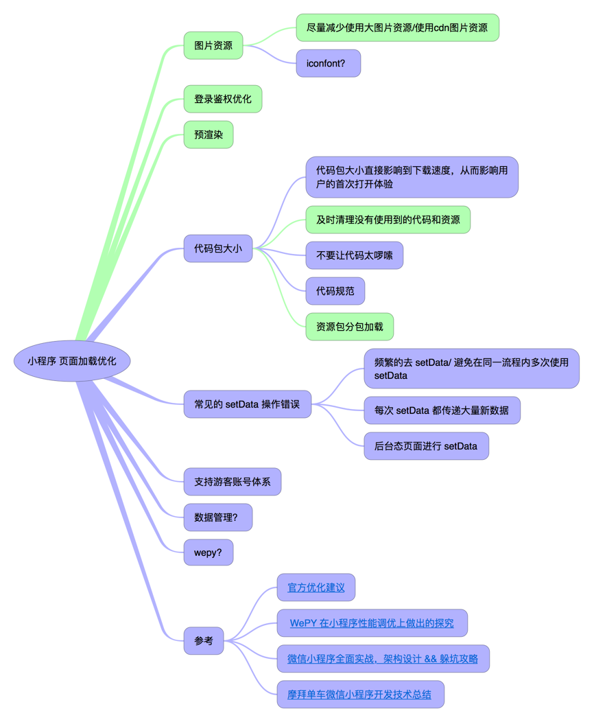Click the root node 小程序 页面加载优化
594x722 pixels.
point(72,361)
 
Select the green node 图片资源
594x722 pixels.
point(213,45)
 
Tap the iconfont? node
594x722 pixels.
point(328,64)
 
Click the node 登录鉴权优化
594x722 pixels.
point(223,99)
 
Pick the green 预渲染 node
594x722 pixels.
point(209,135)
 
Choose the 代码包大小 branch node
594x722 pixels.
point(218,248)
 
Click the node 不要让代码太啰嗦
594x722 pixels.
point(355,255)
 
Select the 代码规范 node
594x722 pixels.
point(335,291)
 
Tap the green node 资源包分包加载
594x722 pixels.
point(350,327)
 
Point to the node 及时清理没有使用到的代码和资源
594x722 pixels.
point(388,220)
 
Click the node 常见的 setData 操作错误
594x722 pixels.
point(248,404)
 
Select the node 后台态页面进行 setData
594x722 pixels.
point(426,445)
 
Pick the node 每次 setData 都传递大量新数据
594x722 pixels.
point(442,410)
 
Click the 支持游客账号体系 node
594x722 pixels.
point(233,482)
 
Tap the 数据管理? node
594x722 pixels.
point(218,517)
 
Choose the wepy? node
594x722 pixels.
point(209,552)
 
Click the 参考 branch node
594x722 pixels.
point(204,640)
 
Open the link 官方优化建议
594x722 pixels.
point(316,587)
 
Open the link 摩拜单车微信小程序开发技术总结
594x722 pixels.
point(359,695)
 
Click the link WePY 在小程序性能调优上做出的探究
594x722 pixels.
point(372,623)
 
